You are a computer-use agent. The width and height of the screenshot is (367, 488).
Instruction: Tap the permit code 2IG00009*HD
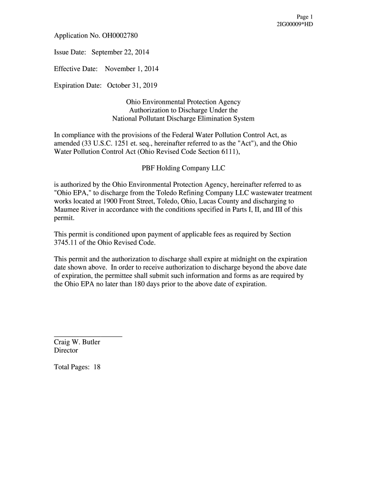(x=295, y=24)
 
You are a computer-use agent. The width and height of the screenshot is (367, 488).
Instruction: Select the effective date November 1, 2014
(x=132, y=69)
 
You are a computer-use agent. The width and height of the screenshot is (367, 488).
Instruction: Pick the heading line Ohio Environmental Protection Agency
(x=183, y=102)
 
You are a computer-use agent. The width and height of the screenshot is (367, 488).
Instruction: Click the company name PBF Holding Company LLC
(x=183, y=169)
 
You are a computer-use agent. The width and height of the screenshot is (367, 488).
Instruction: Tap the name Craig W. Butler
(x=77, y=342)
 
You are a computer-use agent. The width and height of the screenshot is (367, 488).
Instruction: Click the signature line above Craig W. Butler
(x=88, y=336)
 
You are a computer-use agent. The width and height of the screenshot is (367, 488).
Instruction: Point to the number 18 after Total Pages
(x=97, y=367)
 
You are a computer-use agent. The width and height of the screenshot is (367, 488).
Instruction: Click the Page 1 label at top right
(x=304, y=16)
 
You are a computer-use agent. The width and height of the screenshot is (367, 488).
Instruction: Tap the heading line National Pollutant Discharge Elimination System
(x=183, y=119)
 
